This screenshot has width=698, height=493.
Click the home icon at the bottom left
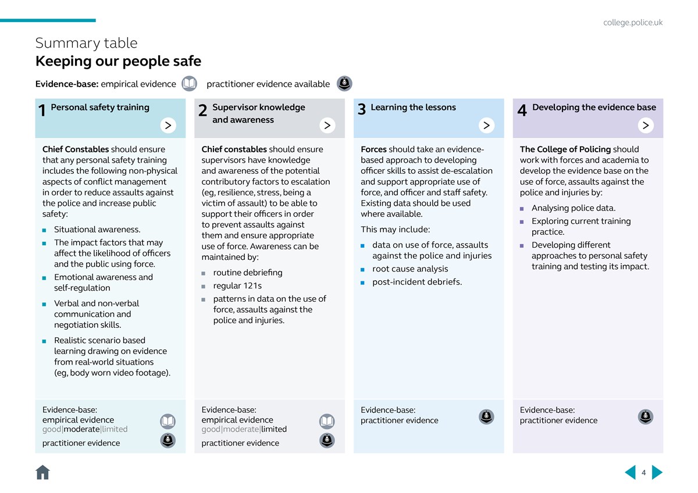(x=42, y=472)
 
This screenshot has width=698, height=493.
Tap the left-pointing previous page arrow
(x=631, y=472)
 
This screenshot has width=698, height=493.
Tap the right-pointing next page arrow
(x=657, y=472)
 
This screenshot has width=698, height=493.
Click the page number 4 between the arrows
(x=644, y=473)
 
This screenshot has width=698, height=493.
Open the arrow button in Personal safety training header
(x=168, y=125)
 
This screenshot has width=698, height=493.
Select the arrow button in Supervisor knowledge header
(x=327, y=125)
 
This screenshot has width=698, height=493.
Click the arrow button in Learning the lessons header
(x=486, y=125)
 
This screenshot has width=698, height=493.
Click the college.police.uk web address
(x=633, y=23)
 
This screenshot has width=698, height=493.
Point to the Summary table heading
(x=87, y=43)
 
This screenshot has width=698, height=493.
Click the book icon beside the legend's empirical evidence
(x=189, y=84)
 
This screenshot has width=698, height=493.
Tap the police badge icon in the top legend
(x=344, y=84)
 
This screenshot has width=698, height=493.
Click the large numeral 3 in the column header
(x=361, y=110)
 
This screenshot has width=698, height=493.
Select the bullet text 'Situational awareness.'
(x=97, y=230)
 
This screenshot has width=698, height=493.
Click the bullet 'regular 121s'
(x=237, y=285)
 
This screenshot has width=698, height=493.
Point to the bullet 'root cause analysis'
(x=410, y=269)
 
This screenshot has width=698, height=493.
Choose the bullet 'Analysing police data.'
(x=573, y=208)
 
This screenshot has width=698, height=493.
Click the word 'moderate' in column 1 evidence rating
(x=81, y=429)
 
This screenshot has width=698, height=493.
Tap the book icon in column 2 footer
(x=327, y=421)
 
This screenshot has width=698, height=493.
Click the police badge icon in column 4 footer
(x=646, y=417)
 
